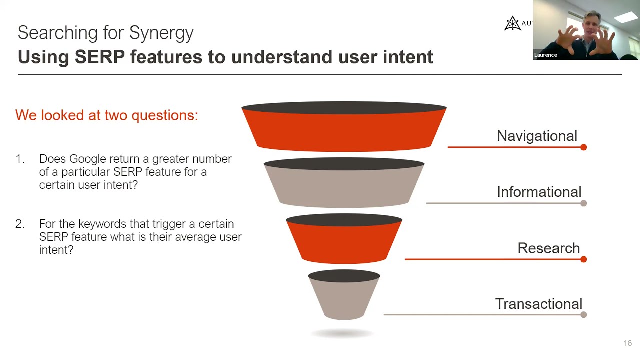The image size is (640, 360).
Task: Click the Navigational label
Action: coord(537,136)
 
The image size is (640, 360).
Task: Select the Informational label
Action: coord(539,192)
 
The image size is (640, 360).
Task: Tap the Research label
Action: coord(548,248)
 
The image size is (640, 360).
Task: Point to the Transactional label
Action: coord(538,304)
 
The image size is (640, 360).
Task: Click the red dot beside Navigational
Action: coord(583,147)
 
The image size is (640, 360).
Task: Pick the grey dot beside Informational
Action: coord(583,203)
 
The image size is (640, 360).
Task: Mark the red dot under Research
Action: coord(583,259)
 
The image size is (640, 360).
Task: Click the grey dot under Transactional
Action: coord(583,315)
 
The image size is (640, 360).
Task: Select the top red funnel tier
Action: coord(344,130)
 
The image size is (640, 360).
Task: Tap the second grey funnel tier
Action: coord(344,186)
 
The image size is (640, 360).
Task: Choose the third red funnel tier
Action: coord(344,242)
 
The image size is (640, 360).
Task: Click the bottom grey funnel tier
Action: coord(344,298)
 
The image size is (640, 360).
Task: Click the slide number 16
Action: coord(628,343)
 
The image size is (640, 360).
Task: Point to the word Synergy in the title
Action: coord(161,33)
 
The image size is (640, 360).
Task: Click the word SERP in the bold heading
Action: coord(99,57)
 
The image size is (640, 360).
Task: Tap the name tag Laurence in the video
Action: coord(545,55)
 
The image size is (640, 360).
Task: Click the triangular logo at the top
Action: coord(512,23)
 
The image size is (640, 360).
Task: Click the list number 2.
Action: coord(20,224)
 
